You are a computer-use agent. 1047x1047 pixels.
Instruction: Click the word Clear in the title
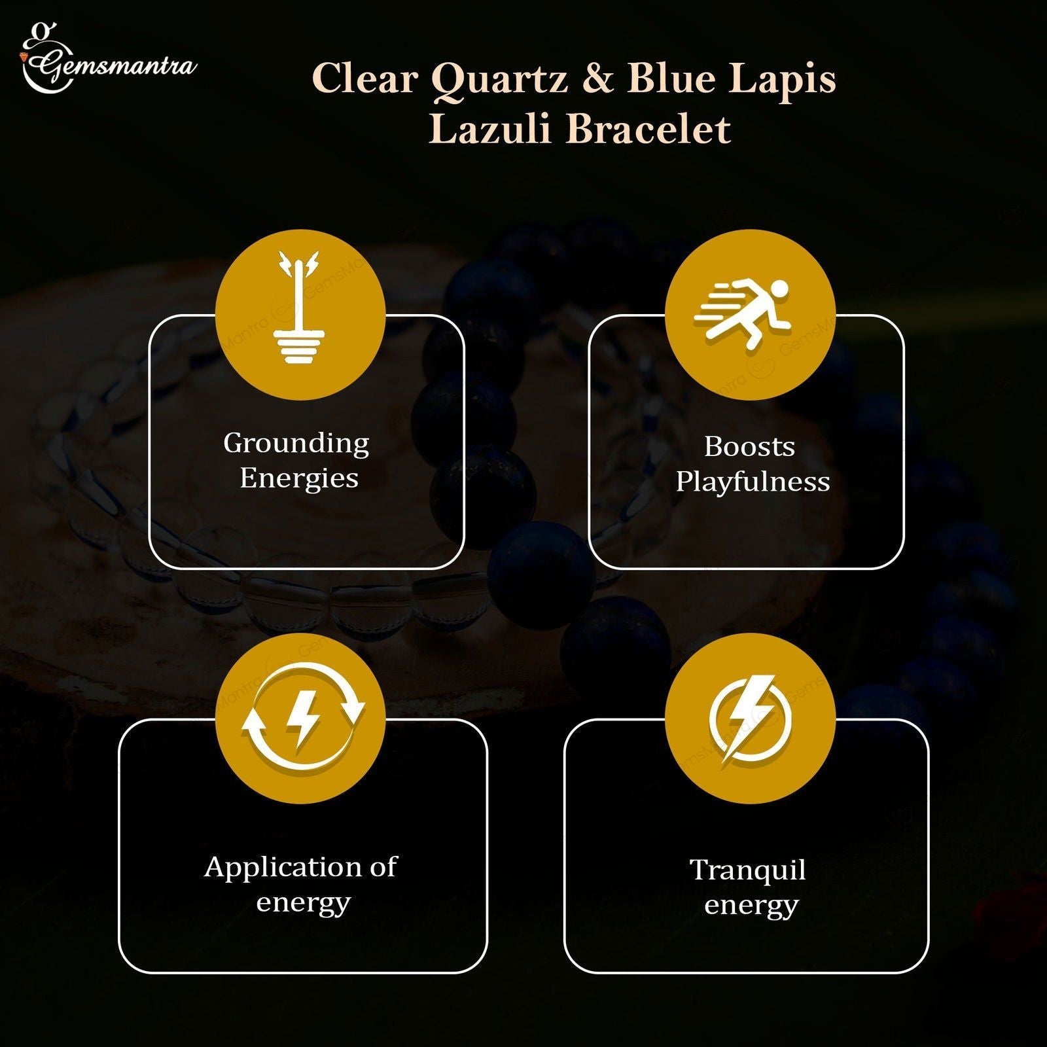365,79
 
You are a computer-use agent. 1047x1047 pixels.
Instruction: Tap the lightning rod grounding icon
300,308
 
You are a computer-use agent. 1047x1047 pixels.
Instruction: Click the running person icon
743,314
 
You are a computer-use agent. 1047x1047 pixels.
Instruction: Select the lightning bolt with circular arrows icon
302,716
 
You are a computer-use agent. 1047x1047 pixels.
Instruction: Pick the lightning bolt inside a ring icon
751,719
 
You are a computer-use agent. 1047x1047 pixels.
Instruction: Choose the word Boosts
750,448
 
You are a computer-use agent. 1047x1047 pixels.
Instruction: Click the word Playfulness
753,483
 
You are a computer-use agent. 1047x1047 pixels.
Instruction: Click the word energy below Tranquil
751,907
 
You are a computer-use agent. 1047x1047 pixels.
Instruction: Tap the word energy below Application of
303,904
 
